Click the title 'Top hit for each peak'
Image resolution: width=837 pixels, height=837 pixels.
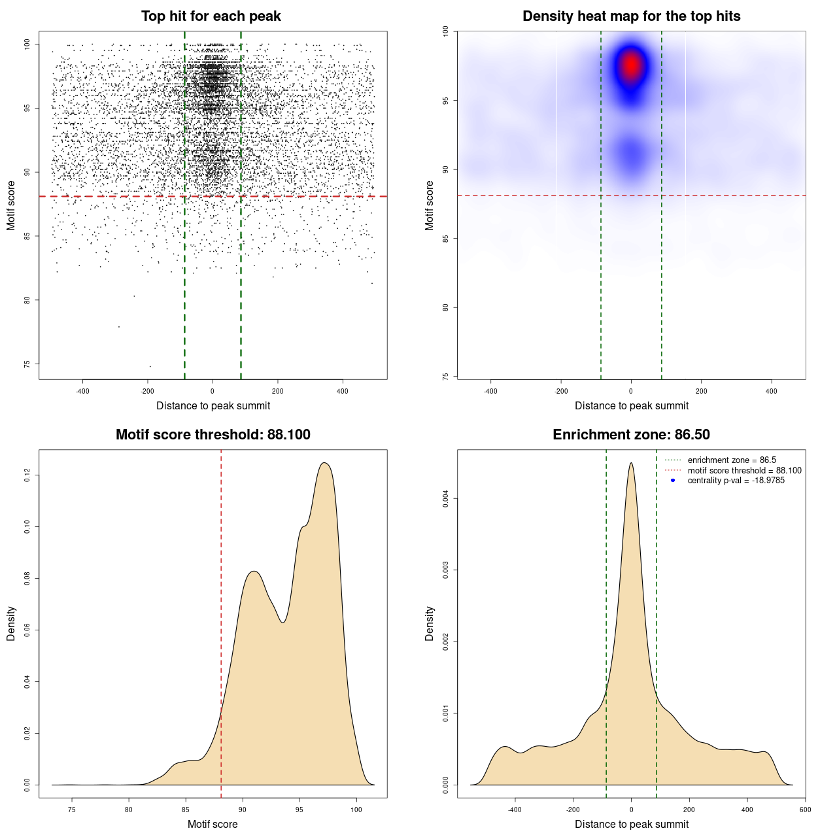coord(211,16)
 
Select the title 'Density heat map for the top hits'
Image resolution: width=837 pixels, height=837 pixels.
coord(631,16)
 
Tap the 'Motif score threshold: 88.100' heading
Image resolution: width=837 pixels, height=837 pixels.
coord(213,435)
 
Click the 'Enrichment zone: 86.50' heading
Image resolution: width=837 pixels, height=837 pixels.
coord(631,435)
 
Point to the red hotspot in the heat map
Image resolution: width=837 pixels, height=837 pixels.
coord(631,65)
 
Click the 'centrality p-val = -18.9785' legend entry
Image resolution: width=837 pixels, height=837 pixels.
coord(736,481)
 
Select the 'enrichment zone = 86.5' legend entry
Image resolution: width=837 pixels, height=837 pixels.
coord(732,460)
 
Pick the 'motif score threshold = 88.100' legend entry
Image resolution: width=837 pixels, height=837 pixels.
coord(744,471)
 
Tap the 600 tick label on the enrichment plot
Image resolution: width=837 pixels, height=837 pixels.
coord(805,810)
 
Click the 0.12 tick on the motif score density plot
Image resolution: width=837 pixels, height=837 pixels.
coord(27,475)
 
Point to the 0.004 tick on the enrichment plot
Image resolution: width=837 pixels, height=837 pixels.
coord(446,499)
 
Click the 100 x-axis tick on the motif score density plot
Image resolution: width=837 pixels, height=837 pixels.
coord(356,810)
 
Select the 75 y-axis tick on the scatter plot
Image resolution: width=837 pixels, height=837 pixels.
coord(27,364)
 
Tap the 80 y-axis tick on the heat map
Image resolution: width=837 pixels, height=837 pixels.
coord(446,307)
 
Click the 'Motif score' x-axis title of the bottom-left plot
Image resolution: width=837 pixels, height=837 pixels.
coord(213,825)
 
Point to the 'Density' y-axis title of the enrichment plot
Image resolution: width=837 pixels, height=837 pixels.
coord(430,623)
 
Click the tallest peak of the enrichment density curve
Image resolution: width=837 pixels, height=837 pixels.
coord(631,464)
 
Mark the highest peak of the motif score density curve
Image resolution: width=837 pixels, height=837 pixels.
coord(324,464)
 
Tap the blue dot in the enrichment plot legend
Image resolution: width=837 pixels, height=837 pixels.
coord(672,481)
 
